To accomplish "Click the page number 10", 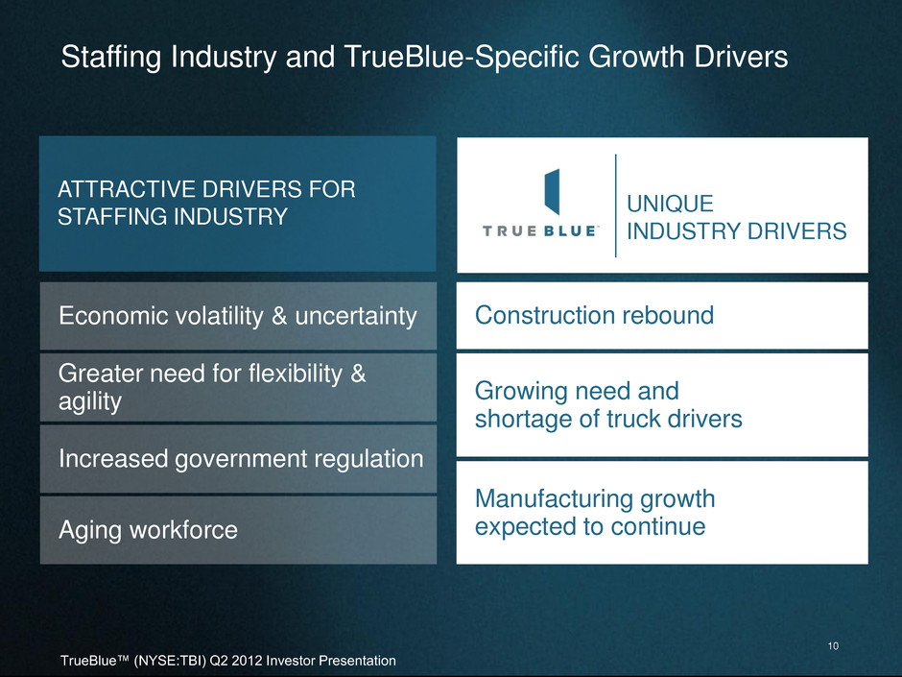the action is (833, 646).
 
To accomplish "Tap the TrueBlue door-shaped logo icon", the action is (553, 192).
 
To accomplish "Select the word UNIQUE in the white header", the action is (670, 204).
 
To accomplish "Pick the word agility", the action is (90, 401).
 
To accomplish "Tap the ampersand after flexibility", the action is (358, 374).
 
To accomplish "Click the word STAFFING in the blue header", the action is (110, 217).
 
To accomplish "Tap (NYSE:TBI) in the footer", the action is (170, 661).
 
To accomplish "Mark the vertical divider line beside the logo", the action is (615, 206).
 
